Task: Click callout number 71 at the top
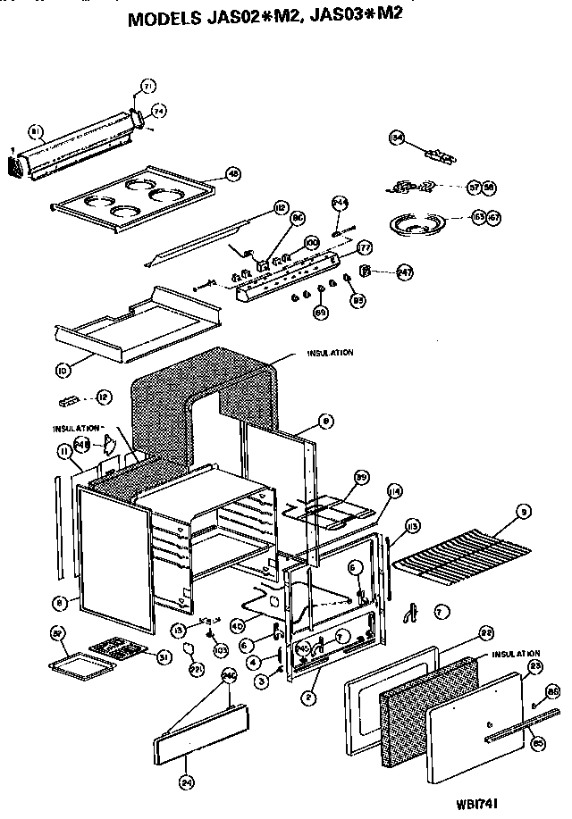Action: tap(148, 87)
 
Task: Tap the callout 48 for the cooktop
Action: tap(234, 175)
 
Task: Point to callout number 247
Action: tap(405, 273)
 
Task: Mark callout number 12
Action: tap(104, 395)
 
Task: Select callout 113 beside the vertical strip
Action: tap(413, 525)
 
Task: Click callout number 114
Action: tap(394, 490)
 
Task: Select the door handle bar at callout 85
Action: tap(510, 724)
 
